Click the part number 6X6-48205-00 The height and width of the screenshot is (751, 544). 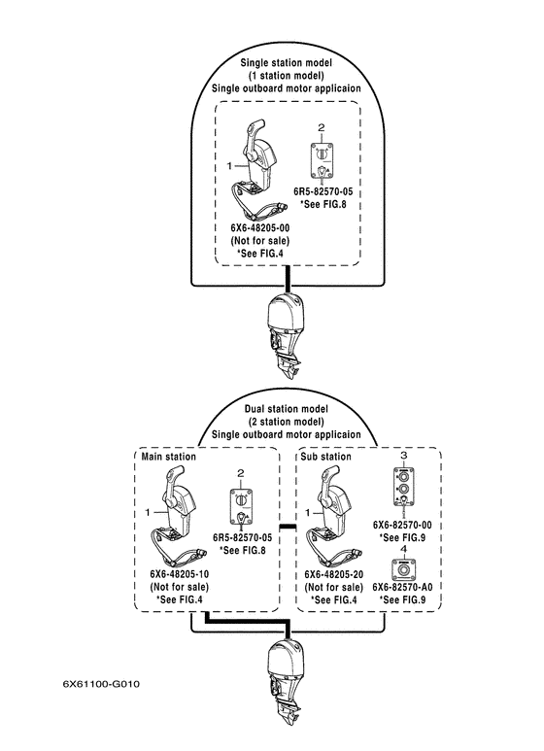click(x=260, y=227)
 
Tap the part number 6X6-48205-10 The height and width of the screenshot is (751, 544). click(x=180, y=574)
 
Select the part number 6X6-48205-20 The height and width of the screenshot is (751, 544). click(x=334, y=574)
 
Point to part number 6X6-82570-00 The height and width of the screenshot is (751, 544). click(x=402, y=525)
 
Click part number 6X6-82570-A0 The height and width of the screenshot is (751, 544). click(x=402, y=587)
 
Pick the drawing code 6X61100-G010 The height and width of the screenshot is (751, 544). click(x=102, y=684)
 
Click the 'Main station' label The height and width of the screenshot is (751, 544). click(x=169, y=457)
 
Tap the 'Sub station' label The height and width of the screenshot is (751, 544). click(x=325, y=457)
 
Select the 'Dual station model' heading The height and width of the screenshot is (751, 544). click(x=287, y=409)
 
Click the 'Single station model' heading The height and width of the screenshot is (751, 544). click(x=287, y=62)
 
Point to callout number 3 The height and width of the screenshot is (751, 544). click(x=404, y=455)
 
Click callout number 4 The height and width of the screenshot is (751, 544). click(x=404, y=549)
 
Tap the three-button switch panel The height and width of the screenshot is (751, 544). click(x=404, y=487)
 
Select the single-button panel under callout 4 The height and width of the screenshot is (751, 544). click(x=404, y=569)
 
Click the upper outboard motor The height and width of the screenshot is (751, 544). click(x=286, y=337)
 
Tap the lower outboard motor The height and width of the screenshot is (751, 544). click(x=286, y=684)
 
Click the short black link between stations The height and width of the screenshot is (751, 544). click(x=288, y=527)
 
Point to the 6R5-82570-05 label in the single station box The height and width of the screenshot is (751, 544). click(x=323, y=191)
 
